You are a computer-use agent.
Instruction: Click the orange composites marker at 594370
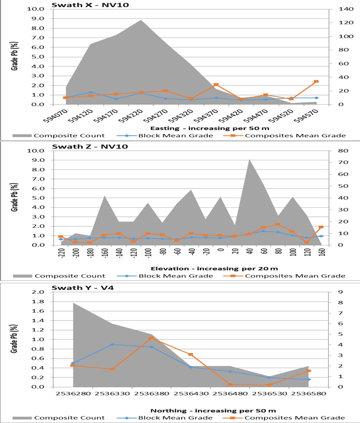tap(216, 85)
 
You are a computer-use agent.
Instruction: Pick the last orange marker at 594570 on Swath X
tap(316, 82)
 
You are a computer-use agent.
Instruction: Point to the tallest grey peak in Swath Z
tap(249, 160)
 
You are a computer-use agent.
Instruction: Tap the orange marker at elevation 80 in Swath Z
tap(278, 224)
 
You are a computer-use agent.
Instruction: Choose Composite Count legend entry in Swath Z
tap(69, 276)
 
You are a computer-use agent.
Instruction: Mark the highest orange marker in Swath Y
tap(151, 338)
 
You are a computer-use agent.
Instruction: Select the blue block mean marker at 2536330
tap(112, 345)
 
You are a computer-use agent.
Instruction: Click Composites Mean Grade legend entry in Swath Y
tap(294, 418)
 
